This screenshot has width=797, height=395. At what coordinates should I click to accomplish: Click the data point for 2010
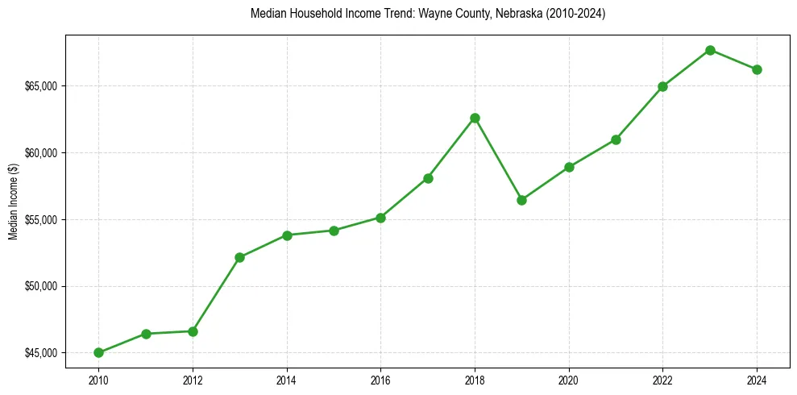98,352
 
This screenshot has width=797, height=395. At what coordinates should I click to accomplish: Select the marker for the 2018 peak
475,118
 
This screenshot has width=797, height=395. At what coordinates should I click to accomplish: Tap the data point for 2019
521,200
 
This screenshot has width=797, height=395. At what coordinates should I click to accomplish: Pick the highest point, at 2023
710,50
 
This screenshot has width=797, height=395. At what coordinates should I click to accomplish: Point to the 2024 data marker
757,69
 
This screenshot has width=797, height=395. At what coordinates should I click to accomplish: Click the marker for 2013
239,257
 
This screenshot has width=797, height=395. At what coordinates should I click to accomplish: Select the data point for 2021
616,139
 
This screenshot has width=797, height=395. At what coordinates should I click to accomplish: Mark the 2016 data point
380,218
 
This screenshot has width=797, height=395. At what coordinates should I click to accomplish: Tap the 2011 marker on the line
146,334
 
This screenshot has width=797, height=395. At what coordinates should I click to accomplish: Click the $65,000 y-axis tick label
41,86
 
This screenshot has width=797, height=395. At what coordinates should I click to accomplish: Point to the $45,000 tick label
41,353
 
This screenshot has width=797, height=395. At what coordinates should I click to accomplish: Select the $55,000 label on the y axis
41,219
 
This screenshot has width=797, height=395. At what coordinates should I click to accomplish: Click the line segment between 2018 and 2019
498,159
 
